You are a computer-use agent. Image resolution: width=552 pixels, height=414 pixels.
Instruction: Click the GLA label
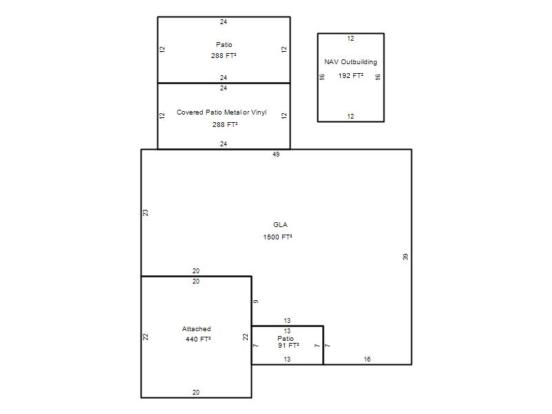coord(280,225)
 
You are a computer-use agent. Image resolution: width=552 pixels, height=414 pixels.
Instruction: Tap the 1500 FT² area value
coord(277,237)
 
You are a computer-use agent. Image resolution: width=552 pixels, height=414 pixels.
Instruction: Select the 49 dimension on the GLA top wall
coord(276,154)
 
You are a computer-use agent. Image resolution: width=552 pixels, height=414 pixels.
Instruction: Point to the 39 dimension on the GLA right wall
coord(406,257)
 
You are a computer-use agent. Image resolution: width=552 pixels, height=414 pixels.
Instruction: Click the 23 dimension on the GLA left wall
coord(146,213)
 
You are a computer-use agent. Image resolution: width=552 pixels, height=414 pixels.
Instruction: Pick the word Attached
coord(197,329)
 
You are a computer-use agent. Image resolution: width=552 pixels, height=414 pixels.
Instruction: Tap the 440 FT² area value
coord(198,339)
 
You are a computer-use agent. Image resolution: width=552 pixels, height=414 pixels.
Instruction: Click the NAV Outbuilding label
coord(351,62)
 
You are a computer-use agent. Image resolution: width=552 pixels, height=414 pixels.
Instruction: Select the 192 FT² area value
coord(351,75)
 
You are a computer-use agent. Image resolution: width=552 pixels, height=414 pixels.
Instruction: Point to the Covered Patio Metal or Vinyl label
coord(221,112)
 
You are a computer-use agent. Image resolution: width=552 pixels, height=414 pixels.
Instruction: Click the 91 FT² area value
coord(288,346)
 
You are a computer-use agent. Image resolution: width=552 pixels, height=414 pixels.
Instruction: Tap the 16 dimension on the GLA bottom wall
coord(367,359)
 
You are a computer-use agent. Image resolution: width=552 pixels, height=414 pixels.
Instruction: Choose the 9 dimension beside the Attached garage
coord(256,302)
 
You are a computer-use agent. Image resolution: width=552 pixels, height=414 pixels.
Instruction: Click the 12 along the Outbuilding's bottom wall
coord(351,116)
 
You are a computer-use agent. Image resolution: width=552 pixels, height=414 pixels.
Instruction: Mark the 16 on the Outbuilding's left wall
coord(322,77)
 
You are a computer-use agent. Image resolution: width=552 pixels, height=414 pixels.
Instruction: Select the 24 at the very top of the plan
coord(224,22)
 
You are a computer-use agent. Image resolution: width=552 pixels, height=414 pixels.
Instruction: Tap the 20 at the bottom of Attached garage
coord(196,392)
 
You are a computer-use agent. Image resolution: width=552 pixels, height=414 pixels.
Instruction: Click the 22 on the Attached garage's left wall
coord(146,337)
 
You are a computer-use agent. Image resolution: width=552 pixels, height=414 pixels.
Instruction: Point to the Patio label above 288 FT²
coord(224,45)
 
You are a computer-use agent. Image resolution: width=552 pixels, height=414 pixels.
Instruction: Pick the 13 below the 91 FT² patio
coord(287,359)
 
